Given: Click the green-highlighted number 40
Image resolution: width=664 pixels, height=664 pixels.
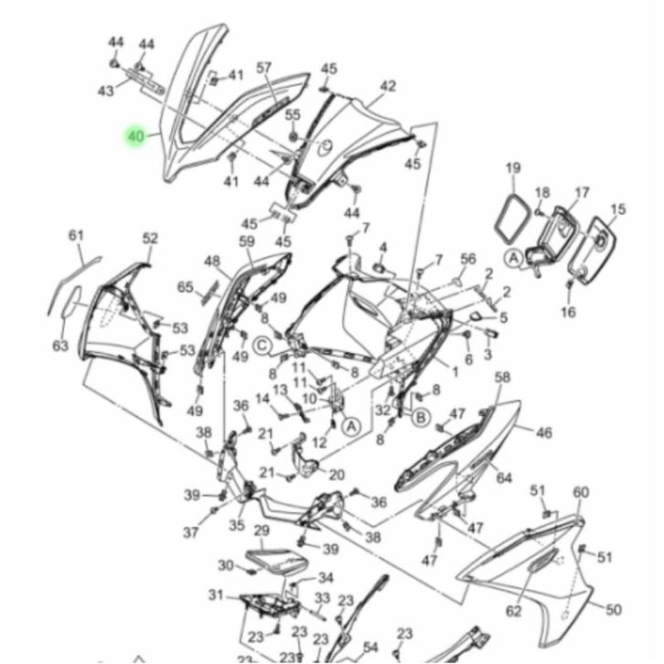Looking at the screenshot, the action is tap(135, 136).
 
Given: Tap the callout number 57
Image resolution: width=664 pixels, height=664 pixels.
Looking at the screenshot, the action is tap(264, 68).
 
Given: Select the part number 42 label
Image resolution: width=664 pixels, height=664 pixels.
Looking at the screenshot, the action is tap(388, 86).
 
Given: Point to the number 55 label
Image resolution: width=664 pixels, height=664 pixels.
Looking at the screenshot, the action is tap(293, 114).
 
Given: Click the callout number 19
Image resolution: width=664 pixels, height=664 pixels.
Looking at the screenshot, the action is tap(513, 168).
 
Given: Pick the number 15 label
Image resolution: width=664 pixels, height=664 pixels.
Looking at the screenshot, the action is tap(618, 209).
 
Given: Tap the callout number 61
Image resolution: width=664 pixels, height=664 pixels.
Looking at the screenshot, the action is tap(76, 235).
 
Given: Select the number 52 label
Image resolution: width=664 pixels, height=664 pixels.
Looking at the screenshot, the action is tap(150, 239).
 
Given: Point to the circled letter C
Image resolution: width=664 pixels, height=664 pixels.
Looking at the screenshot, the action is tap(262, 347).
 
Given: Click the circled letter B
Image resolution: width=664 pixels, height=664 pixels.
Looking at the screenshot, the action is tap(421, 418).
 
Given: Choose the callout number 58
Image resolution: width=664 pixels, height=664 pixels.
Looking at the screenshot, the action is tap(502, 378).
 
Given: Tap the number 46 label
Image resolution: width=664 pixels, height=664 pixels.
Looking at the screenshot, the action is tap(544, 433).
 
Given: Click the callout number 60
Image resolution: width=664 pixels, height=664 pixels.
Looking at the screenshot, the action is tap(581, 492).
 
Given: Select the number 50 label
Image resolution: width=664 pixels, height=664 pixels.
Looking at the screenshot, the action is tap(613, 610).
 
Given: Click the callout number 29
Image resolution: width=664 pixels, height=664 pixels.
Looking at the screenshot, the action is tap(262, 530).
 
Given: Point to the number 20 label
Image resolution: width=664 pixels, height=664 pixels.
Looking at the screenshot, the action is tap(337, 475).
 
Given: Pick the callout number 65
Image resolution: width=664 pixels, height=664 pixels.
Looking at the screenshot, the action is tap(186, 287).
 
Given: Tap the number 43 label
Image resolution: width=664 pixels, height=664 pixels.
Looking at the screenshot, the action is tap(106, 91).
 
